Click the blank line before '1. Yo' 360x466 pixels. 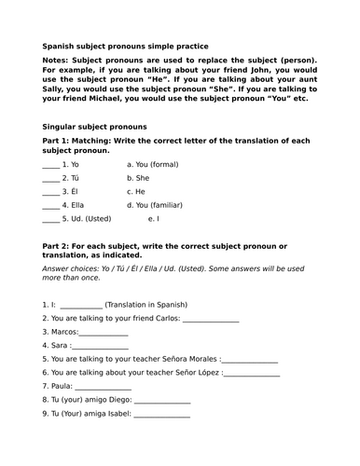point(50,164)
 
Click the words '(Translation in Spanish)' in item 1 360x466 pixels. point(146,305)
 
